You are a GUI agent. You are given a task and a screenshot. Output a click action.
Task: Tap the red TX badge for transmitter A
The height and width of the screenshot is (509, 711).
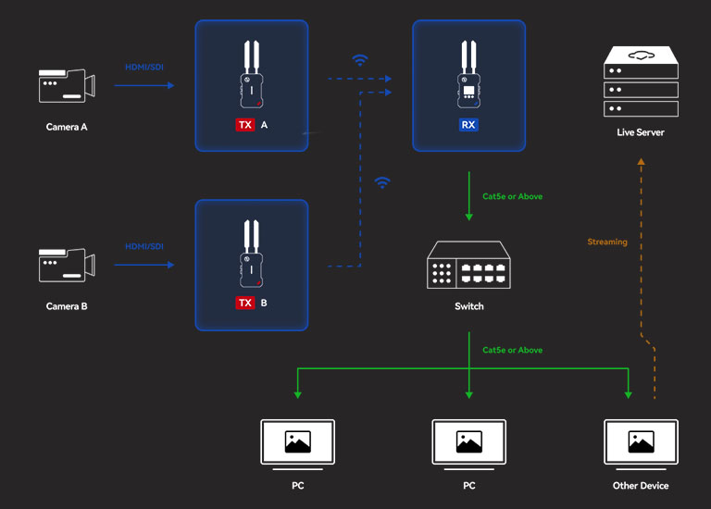(245, 124)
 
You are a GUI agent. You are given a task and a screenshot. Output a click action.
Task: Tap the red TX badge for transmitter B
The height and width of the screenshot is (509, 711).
(245, 303)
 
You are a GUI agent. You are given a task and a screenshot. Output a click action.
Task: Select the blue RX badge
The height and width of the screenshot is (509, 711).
(468, 124)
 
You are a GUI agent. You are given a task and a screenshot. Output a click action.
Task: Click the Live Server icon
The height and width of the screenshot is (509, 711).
(641, 83)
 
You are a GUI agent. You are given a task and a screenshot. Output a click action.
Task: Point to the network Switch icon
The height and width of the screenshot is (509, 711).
(468, 265)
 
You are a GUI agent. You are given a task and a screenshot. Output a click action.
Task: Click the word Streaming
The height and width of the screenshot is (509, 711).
(607, 242)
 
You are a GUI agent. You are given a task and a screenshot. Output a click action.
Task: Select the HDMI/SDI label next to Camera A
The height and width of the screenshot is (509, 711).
(143, 67)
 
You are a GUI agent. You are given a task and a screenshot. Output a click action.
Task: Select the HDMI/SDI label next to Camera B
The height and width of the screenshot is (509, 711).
(143, 246)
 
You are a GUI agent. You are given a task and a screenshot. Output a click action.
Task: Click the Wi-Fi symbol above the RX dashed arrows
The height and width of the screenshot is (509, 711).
(360, 60)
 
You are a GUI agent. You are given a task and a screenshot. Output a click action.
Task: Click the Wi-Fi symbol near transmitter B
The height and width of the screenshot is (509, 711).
(381, 182)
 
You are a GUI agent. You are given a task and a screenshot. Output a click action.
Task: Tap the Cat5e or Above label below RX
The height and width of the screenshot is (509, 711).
(513, 196)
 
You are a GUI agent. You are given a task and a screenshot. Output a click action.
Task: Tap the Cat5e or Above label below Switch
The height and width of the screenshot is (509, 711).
(513, 350)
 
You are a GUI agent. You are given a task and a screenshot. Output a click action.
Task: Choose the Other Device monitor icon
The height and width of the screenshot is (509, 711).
(641, 443)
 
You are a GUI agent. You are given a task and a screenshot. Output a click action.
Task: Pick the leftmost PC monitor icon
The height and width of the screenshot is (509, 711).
(297, 443)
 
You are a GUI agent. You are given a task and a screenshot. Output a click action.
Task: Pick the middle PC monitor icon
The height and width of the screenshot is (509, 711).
(468, 443)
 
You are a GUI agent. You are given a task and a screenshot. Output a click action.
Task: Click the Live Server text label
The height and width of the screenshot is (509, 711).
(641, 132)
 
